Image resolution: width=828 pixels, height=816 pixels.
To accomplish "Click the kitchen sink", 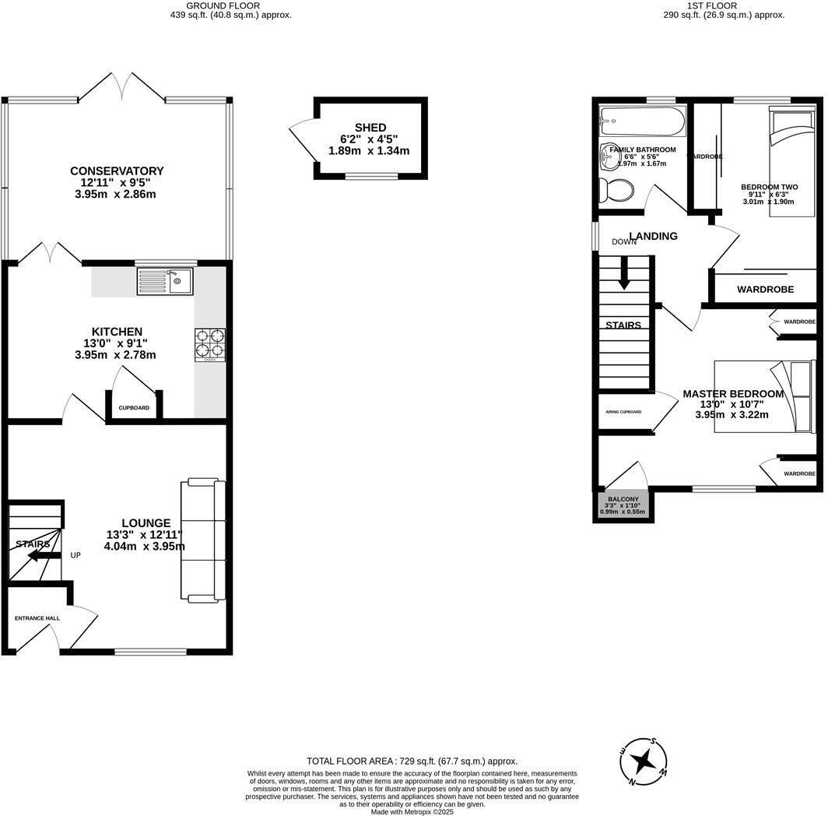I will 165,281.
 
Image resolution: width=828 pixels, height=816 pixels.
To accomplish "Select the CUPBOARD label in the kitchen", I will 134,407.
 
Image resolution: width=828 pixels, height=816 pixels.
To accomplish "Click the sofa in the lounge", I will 203,541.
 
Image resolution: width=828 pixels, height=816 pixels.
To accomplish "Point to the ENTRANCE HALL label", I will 37,618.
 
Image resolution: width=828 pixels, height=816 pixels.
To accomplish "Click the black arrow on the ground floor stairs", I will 38,554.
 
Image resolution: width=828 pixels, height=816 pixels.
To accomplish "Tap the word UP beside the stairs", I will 75,555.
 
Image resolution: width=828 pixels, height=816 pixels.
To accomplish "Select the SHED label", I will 370,128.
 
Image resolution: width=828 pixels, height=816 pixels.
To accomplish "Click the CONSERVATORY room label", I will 117,171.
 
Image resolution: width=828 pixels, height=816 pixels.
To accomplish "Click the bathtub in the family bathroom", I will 641,121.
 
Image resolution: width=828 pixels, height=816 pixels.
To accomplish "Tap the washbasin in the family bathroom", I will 609,158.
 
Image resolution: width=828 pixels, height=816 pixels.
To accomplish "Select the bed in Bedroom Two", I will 792,160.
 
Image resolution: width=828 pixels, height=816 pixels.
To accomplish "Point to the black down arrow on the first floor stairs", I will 624,276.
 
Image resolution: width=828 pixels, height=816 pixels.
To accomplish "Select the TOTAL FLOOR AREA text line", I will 412,761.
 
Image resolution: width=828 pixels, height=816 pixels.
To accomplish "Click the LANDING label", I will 653,236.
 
